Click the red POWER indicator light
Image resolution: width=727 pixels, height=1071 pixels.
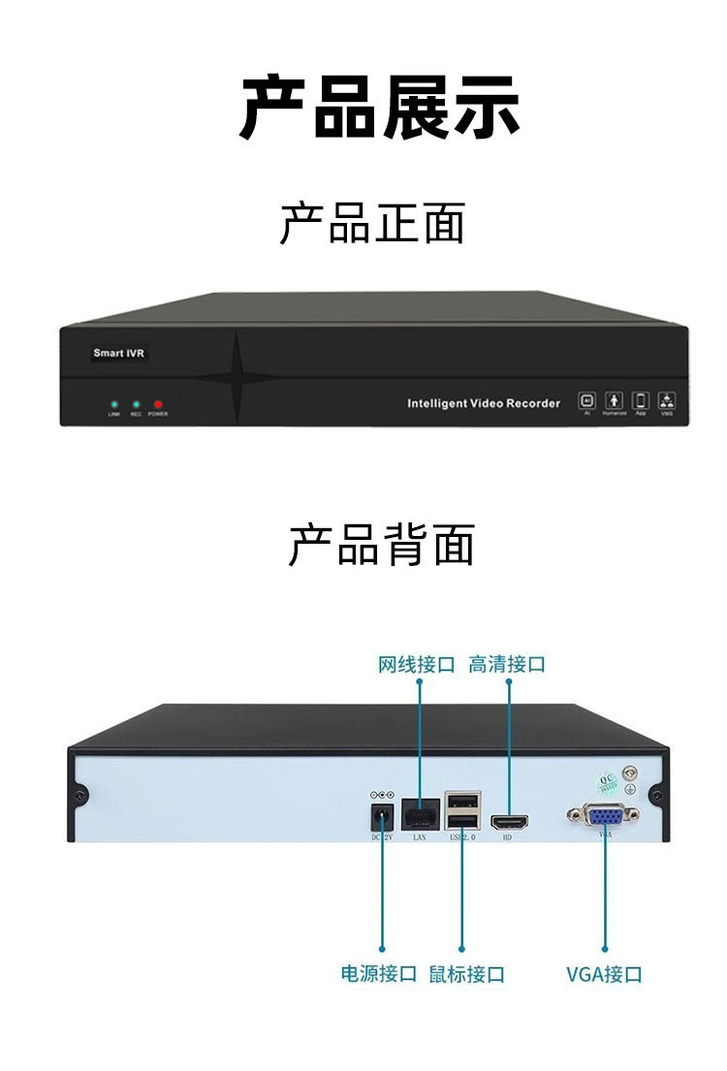(x=158, y=403)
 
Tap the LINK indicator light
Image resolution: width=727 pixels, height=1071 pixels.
(x=114, y=403)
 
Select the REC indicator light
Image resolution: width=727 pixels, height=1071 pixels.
(x=136, y=403)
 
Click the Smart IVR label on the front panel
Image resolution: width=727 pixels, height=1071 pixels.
(x=118, y=354)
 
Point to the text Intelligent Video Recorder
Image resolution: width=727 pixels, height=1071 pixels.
(x=484, y=403)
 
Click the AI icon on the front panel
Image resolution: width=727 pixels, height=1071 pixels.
(x=586, y=399)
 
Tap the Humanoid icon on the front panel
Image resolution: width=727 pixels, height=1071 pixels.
(x=614, y=399)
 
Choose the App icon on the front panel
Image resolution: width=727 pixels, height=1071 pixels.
(x=640, y=399)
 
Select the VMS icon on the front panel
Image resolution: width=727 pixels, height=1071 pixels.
(x=667, y=399)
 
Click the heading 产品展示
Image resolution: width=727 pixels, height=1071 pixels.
(x=379, y=107)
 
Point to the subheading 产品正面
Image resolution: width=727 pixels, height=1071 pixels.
(x=373, y=224)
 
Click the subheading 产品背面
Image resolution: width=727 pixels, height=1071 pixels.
(x=381, y=545)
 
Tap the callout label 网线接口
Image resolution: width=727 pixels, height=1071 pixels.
(x=417, y=665)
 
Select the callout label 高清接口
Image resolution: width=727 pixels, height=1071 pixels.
(x=507, y=665)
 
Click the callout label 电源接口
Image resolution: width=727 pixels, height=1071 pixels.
(x=379, y=973)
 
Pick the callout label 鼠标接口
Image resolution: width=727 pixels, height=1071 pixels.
(x=467, y=973)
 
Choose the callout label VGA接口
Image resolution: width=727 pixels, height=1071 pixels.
(x=604, y=973)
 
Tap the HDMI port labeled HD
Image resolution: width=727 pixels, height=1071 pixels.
(x=509, y=823)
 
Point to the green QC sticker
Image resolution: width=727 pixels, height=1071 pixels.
(x=607, y=782)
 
